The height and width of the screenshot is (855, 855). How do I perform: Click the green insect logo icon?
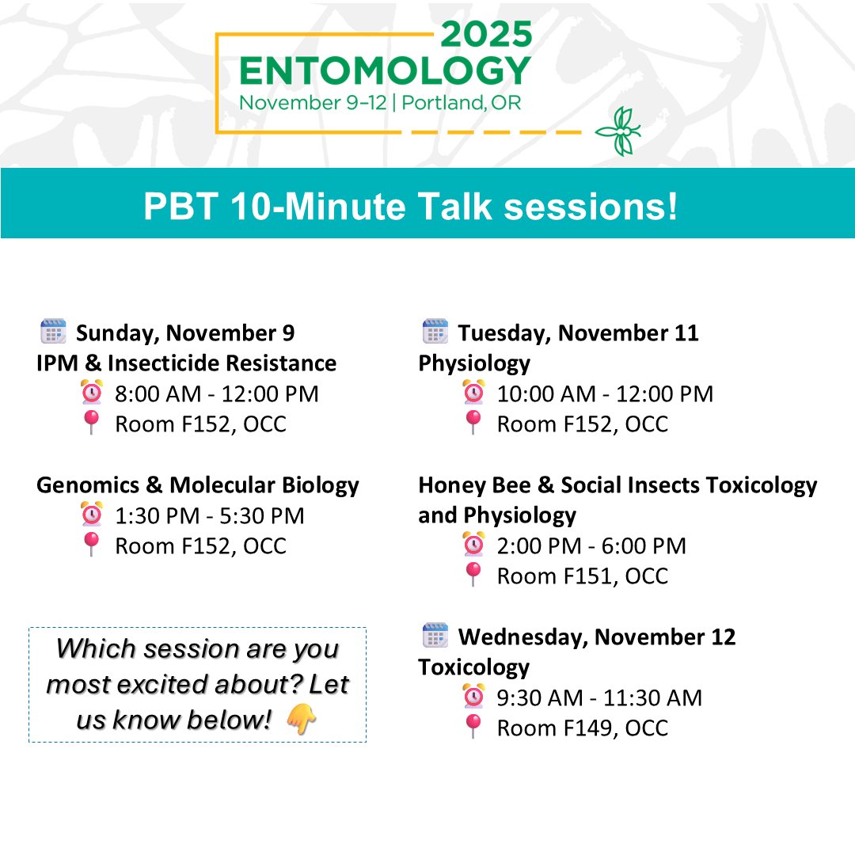point(618,131)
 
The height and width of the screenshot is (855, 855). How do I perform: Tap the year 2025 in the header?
point(485,34)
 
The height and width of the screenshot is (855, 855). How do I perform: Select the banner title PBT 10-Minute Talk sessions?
point(411,207)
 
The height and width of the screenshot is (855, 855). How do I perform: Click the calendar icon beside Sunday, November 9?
point(53,332)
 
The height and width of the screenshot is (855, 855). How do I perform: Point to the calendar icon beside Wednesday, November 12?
point(435,636)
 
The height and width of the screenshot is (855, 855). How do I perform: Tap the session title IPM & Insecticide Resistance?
point(186,363)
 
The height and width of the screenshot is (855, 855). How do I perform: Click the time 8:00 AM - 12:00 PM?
point(216,393)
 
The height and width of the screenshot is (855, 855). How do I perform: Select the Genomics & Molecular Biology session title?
point(197,484)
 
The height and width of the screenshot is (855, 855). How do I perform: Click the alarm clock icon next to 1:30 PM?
point(92,515)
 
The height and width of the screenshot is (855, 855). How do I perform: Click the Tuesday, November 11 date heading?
point(578,332)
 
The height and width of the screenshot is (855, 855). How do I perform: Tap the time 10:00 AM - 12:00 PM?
point(605,393)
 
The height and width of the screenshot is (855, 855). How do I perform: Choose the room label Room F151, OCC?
point(582,576)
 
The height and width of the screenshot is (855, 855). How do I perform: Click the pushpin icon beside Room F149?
point(473,727)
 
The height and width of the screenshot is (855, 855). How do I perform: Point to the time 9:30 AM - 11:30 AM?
point(598,697)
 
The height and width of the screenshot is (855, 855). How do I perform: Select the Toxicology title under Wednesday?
point(473,667)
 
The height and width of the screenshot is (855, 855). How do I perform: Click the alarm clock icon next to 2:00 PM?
point(473,545)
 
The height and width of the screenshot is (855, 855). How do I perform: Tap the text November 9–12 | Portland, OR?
point(380,104)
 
